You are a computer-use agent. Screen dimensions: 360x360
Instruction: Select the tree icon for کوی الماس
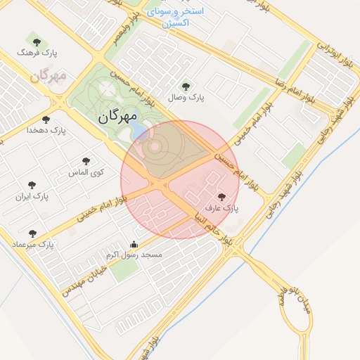click(x=86, y=161)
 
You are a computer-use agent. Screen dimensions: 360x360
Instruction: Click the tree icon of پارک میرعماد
click(x=32, y=233)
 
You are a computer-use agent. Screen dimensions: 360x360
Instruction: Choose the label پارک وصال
click(x=190, y=98)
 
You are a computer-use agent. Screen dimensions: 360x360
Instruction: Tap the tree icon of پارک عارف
click(x=222, y=198)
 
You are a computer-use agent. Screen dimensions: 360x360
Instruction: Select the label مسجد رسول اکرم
click(x=134, y=255)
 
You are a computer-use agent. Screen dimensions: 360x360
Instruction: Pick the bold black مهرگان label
click(x=111, y=117)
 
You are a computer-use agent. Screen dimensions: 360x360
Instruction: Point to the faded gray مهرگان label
click(x=49, y=75)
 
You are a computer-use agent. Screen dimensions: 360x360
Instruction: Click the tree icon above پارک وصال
click(x=186, y=86)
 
